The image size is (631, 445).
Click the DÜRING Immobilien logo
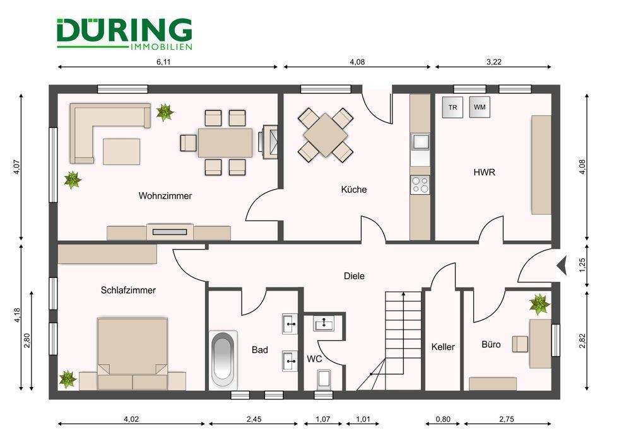[x=124, y=34]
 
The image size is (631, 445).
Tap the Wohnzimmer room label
[x=165, y=196]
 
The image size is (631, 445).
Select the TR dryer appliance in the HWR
[x=452, y=107]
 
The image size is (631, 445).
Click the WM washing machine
[x=480, y=107]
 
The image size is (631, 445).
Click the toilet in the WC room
[x=324, y=379]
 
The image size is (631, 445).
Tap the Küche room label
[x=354, y=189]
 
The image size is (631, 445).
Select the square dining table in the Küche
[x=326, y=134]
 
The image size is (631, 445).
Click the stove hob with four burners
[x=420, y=185]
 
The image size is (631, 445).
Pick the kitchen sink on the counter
[x=420, y=142]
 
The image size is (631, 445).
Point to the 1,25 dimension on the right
[x=582, y=265]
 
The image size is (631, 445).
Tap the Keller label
[x=443, y=347]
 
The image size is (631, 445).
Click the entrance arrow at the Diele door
[x=562, y=265]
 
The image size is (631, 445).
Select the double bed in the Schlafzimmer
[x=133, y=354]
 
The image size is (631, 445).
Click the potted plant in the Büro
[x=540, y=304]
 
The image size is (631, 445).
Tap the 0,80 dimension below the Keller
[x=443, y=419]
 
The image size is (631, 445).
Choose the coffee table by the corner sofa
[x=122, y=151]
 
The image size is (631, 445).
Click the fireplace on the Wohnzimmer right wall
[x=270, y=142]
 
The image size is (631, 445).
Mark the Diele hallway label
[x=354, y=276]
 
